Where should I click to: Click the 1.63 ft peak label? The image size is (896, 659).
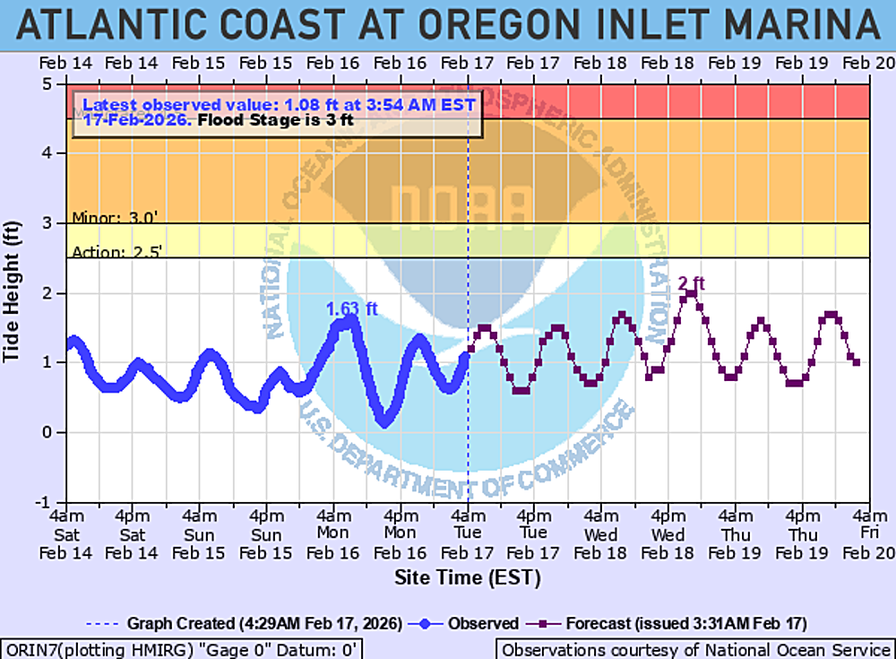[351, 309]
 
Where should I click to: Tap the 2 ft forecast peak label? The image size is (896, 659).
[692, 284]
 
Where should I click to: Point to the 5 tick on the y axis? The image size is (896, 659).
[53, 84]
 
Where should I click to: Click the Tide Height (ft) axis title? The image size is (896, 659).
[13, 293]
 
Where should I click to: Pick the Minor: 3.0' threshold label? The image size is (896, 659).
[116, 218]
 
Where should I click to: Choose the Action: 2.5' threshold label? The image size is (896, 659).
[116, 252]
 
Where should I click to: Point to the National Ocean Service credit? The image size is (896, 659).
[694, 649]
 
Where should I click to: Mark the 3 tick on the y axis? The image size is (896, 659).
[53, 223]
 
